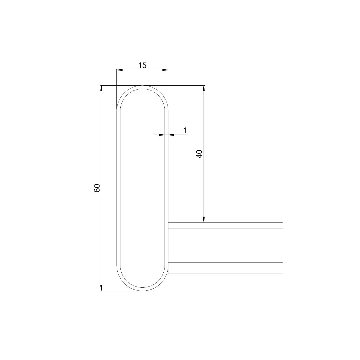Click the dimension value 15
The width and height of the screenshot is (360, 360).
point(142,65)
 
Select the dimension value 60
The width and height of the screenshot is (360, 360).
point(97,188)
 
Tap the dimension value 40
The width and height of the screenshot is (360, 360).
point(199,154)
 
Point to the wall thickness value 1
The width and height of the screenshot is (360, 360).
point(185,130)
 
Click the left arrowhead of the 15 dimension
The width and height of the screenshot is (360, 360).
point(119,70)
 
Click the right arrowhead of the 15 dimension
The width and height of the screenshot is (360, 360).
point(165,70)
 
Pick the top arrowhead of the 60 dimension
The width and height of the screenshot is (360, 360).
point(101,88)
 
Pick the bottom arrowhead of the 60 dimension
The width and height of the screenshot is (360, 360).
point(101,288)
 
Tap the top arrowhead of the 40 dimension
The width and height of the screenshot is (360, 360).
point(204,88)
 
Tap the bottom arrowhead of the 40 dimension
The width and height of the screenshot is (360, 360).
point(204,220)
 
